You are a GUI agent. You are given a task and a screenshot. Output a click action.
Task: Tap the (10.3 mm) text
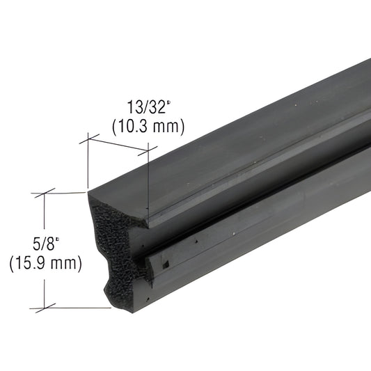(148, 126)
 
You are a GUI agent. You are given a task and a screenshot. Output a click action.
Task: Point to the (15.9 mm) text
(45, 264)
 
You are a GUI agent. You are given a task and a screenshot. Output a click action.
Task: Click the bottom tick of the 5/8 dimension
(45, 307)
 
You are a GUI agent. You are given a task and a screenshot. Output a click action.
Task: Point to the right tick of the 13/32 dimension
(148, 148)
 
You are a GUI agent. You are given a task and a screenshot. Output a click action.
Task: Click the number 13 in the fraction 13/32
(134, 109)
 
